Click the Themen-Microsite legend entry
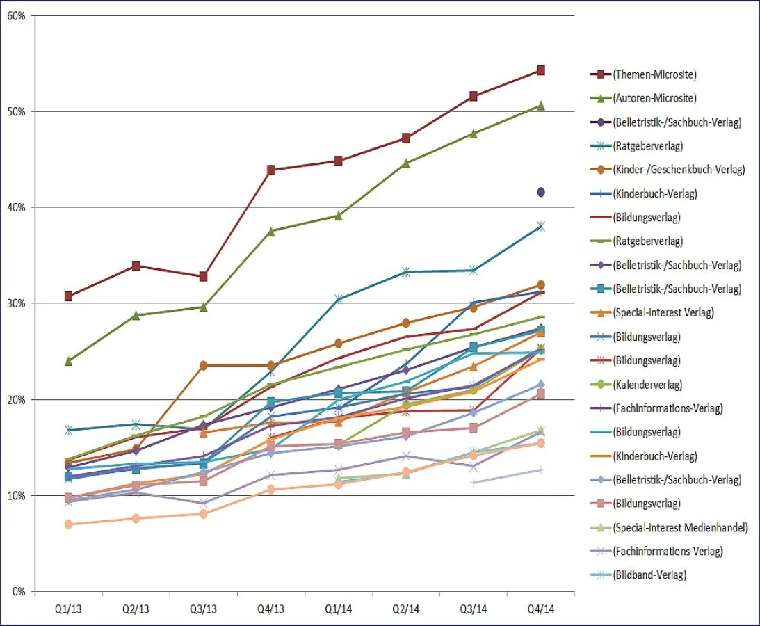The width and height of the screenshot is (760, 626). (x=654, y=74)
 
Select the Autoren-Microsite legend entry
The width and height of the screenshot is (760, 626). (x=654, y=98)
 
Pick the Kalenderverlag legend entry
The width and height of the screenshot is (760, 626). (x=647, y=385)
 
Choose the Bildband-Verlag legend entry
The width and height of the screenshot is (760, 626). (x=649, y=575)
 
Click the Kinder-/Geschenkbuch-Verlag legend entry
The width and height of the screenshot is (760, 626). (x=679, y=170)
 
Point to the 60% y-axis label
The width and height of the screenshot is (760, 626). (x=15, y=16)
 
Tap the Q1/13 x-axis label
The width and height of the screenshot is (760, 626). (x=68, y=609)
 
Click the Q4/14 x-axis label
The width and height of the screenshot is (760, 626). (x=540, y=609)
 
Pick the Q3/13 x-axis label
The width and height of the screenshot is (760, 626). (x=203, y=609)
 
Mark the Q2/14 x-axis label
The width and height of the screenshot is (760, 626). (x=405, y=609)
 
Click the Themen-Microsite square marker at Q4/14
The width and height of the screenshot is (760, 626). (x=540, y=70)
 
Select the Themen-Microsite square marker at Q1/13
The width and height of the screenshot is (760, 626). (x=68, y=296)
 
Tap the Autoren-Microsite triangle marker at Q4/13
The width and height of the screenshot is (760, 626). (x=270, y=232)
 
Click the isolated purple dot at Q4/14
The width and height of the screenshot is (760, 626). (x=540, y=192)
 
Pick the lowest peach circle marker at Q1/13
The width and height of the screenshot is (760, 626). (x=68, y=524)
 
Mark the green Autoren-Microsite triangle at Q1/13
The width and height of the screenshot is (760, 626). (x=68, y=361)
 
